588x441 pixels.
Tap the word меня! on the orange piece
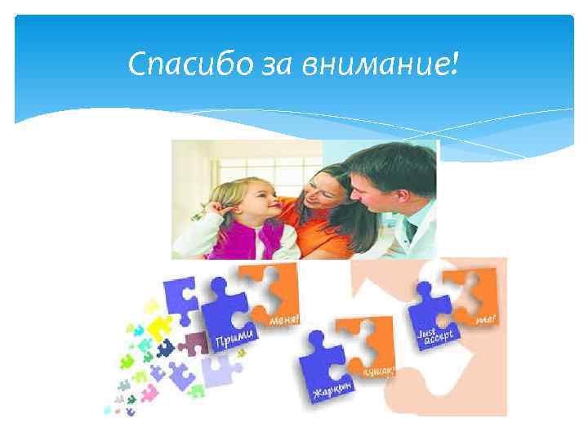click(283, 316)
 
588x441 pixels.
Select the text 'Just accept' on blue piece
click(435, 336)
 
